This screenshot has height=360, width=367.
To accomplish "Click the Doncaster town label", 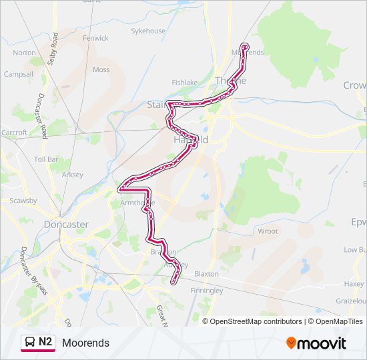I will tap(66, 225).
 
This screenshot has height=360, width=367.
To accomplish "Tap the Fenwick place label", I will tap(95, 38).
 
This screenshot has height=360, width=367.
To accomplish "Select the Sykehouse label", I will tap(147, 31).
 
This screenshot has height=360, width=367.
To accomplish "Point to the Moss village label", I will tap(101, 69).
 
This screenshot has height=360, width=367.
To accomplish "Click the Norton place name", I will tap(24, 53).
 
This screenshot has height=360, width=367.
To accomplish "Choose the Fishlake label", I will tap(185, 83).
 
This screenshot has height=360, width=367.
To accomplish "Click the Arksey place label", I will tap(72, 175).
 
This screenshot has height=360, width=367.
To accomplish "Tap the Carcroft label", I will tap(14, 133).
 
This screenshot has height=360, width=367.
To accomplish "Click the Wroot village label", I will tap(268, 231).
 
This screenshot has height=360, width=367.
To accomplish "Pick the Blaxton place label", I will tap(206, 274).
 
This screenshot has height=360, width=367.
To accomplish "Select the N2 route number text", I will tap(45, 342).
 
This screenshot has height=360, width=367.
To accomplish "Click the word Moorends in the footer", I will tap(85, 343).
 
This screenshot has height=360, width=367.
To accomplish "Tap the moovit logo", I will tap(316, 343).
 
